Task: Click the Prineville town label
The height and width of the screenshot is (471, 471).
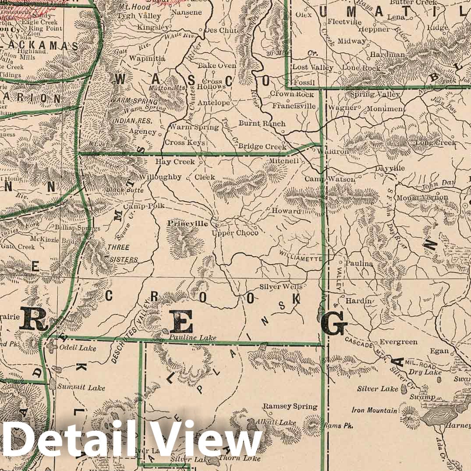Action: click(x=188, y=223)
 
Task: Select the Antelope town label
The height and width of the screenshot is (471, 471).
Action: click(x=214, y=103)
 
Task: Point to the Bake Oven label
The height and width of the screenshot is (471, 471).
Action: click(x=217, y=66)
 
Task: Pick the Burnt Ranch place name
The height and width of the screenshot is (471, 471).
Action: click(x=262, y=124)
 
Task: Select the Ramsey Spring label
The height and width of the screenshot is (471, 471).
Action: click(x=290, y=407)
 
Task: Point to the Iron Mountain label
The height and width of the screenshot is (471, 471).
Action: click(x=375, y=411)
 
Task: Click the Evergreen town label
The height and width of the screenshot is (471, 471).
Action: click(x=398, y=342)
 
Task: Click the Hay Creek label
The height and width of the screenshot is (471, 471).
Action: click(x=175, y=162)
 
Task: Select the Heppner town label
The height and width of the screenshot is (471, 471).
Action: click(x=374, y=29)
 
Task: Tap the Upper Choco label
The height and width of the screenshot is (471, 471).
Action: click(x=235, y=233)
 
